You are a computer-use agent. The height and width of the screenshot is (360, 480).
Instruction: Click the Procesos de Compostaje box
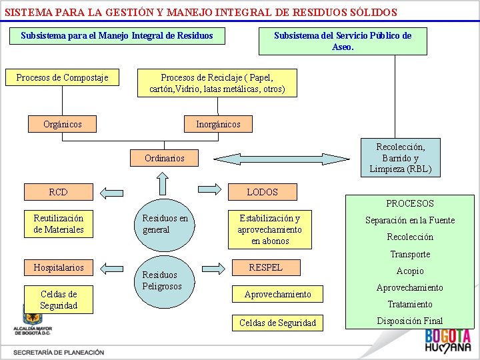(x=62, y=78)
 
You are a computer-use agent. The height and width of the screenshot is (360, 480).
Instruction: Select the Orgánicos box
(x=62, y=124)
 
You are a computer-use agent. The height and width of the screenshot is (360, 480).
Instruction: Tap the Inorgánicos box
(x=218, y=124)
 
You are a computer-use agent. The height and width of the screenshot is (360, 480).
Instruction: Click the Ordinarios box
(x=164, y=158)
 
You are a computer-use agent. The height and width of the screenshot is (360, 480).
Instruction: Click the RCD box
(x=58, y=192)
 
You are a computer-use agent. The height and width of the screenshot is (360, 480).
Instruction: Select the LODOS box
(x=262, y=192)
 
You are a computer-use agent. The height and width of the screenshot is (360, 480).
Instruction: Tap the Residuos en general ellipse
(x=165, y=224)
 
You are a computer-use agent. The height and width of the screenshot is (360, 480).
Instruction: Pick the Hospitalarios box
(x=59, y=267)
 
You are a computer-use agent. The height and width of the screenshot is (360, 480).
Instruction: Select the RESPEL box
(x=265, y=267)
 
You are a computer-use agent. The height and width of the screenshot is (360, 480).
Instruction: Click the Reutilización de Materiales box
(x=59, y=224)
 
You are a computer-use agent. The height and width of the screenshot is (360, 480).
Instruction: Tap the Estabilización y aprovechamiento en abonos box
(x=269, y=229)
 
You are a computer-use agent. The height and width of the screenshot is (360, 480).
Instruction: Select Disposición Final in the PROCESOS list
(x=409, y=321)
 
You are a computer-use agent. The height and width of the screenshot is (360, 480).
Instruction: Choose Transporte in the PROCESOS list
(x=409, y=254)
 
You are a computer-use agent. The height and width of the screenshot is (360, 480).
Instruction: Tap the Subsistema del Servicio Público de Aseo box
(x=343, y=41)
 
